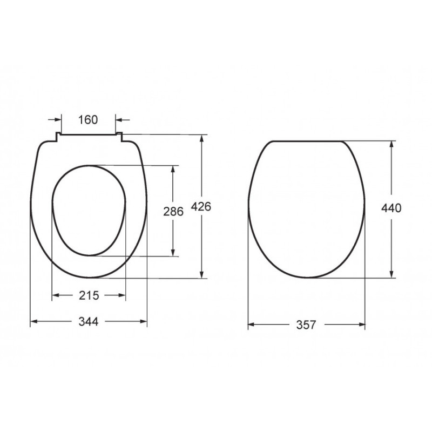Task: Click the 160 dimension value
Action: pos(88,120)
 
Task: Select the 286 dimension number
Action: pos(173,212)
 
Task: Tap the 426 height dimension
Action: pos(201,207)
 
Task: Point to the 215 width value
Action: pos(89,295)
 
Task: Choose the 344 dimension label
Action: pos(89,321)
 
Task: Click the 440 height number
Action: pos(391,208)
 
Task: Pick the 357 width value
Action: pos(306,325)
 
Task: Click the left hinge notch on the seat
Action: pos(58,137)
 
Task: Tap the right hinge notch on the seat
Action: pos(119,137)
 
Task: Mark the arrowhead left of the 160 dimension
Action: pos(58,119)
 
